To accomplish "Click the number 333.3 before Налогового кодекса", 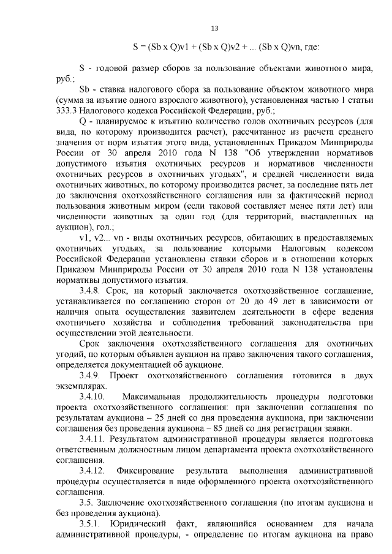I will [x=66, y=111].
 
